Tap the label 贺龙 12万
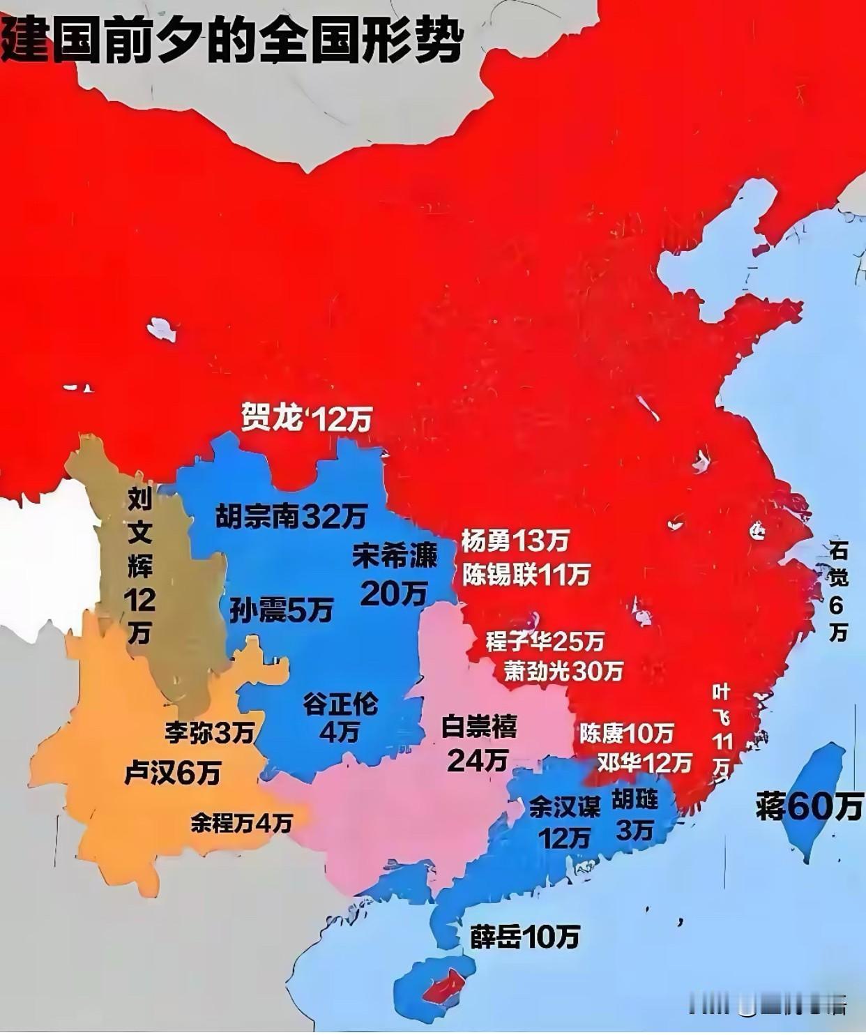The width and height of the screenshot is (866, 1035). tap(305, 419)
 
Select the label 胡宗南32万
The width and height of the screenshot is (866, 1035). tap(291, 517)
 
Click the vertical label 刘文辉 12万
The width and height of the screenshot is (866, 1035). tap(139, 565)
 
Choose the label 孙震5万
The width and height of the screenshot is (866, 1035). tap(281, 610)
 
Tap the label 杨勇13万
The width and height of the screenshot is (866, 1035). tap(515, 540)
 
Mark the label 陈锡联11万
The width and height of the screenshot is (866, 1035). tap(526, 573)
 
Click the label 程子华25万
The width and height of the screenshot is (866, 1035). tap(545, 640)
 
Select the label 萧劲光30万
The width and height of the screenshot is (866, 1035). tap(563, 671)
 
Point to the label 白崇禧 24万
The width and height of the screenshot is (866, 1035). tap(478, 743)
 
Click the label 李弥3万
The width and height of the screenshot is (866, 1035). tap(209, 732)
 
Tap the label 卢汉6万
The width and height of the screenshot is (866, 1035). tap(172, 773)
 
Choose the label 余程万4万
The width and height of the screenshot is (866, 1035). tap(241, 824)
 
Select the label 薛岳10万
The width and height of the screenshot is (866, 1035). tap(524, 937)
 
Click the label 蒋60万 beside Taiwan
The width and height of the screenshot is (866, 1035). tap(809, 807)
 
